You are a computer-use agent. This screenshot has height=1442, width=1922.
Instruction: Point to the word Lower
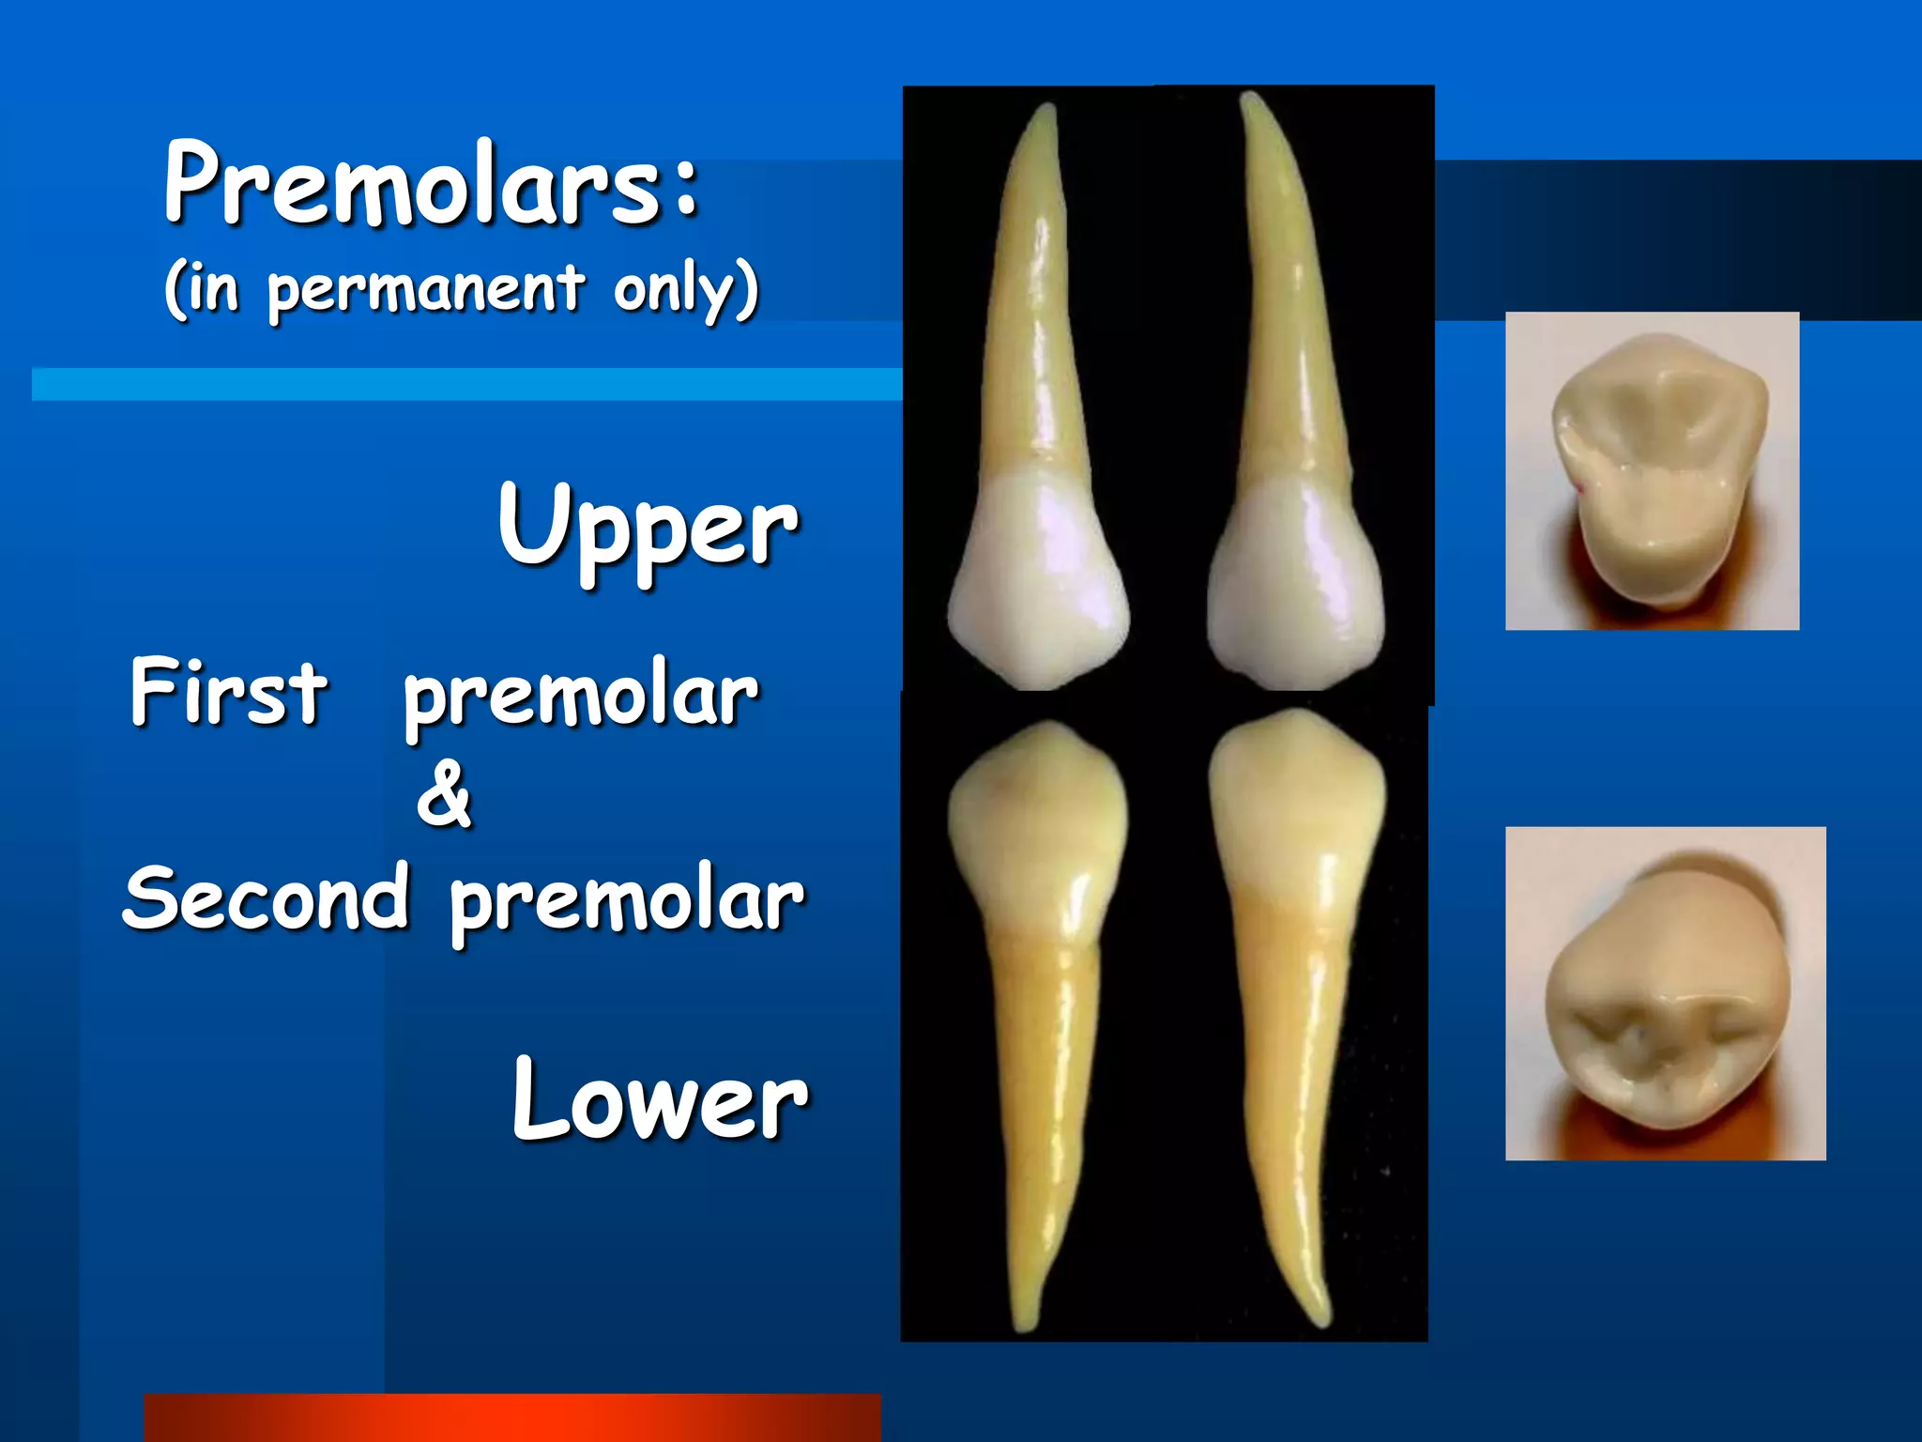660,1100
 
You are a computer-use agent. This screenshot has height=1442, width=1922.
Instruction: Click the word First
229,693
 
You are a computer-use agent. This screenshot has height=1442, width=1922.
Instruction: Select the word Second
267,899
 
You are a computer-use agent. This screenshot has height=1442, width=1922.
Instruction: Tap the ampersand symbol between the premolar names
445,796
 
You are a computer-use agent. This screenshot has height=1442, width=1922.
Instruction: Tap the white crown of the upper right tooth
1295,582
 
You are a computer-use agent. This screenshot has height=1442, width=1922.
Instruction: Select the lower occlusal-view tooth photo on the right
1665,993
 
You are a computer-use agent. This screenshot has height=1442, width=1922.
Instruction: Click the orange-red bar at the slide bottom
512,1418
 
